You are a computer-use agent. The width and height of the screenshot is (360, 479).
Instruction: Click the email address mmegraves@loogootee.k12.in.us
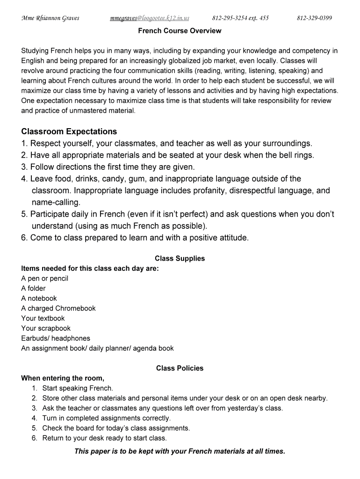pyautogui.click(x=149, y=18)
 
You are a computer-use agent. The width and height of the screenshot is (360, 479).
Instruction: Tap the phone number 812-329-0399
pyautogui.click(x=314, y=18)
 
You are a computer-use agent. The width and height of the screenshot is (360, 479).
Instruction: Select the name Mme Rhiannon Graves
pyautogui.click(x=50, y=18)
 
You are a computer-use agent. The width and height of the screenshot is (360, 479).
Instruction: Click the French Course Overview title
pyautogui.click(x=180, y=31)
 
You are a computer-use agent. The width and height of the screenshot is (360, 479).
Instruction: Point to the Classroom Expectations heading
pyautogui.click(x=69, y=131)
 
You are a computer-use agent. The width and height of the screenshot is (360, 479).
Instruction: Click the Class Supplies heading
pyautogui.click(x=180, y=258)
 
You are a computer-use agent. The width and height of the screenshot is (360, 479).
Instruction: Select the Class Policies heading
pyautogui.click(x=180, y=368)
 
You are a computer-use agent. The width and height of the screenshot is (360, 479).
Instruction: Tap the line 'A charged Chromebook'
pyautogui.click(x=58, y=308)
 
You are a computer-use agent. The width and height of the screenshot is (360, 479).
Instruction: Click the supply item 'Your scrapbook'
pyautogui.click(x=46, y=328)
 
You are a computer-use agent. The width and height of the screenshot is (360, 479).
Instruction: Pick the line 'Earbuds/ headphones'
pyautogui.click(x=56, y=338)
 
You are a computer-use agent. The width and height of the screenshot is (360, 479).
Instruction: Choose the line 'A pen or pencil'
pyautogui.click(x=45, y=278)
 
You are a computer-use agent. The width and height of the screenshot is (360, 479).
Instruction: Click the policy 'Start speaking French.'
pyautogui.click(x=78, y=388)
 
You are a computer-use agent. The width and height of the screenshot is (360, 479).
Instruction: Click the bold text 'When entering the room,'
pyautogui.click(x=63, y=378)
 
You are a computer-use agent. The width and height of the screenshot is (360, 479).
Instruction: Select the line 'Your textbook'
pyautogui.click(x=43, y=318)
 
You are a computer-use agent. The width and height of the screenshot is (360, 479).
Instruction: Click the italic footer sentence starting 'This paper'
pyautogui.click(x=180, y=451)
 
